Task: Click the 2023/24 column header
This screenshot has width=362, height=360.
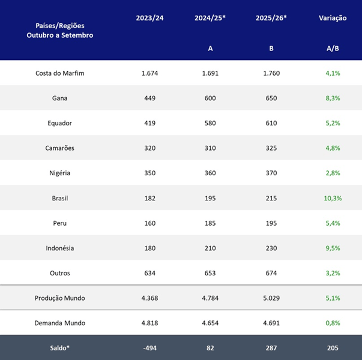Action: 149,18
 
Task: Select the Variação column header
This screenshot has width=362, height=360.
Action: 333,18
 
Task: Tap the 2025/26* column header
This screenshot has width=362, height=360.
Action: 271,18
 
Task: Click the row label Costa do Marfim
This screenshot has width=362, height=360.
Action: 60,73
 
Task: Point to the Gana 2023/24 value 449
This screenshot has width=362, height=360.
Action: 150,98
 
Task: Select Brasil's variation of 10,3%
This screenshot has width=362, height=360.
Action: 333,198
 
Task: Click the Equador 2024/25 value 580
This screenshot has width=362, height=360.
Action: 210,123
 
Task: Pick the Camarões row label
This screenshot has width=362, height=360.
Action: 60,148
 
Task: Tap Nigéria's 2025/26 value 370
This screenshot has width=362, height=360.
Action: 271,173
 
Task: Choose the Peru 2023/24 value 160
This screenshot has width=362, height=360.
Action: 150,223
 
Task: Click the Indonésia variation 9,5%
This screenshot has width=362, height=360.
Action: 333,248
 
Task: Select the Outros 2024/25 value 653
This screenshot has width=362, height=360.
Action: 210,273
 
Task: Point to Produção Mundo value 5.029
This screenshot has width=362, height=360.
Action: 271,298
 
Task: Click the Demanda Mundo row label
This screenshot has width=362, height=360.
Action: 60,323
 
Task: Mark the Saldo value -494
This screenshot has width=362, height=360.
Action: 150,348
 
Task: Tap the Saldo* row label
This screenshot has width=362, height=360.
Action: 60,348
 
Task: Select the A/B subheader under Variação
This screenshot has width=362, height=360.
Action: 333,49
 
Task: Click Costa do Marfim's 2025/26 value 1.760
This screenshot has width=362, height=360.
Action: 271,73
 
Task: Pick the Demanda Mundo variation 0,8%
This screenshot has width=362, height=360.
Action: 333,323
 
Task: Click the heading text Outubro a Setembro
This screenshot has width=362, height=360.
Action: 60,35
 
